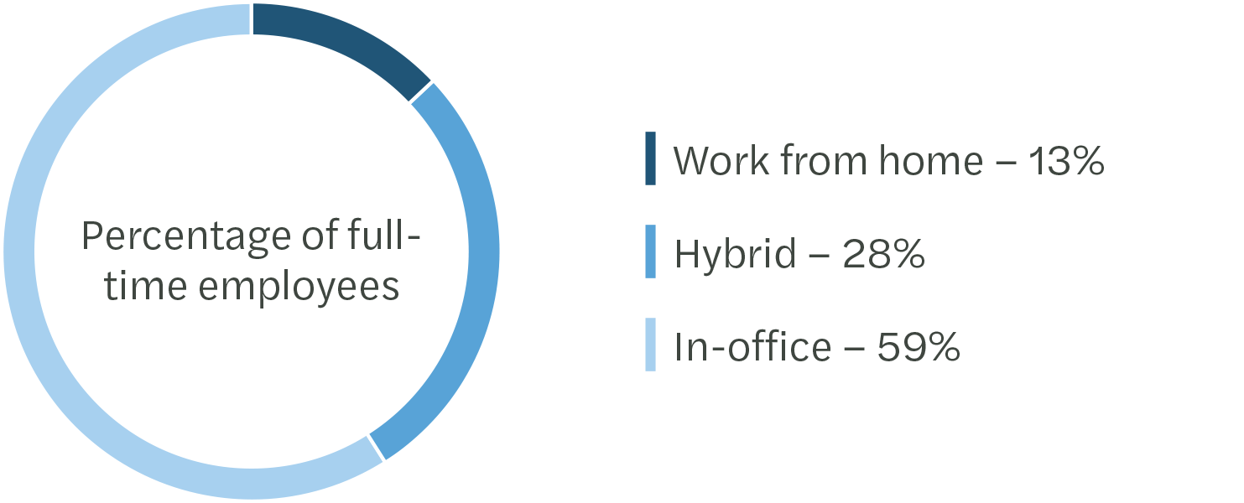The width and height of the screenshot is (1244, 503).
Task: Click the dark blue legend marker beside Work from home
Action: (x=650, y=158)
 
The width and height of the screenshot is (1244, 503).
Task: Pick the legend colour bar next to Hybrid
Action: (x=650, y=251)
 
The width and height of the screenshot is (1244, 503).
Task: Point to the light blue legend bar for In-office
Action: (x=650, y=345)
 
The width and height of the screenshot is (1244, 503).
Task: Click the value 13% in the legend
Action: (x=1062, y=159)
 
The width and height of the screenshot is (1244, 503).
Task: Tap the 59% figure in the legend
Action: (x=918, y=346)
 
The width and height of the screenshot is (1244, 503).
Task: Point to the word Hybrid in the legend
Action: (x=735, y=253)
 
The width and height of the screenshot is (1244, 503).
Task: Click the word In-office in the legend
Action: (x=752, y=346)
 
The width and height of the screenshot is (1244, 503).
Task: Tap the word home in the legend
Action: (x=929, y=159)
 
